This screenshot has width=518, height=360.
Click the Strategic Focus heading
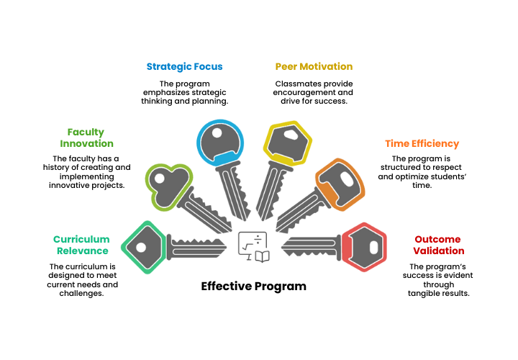tap(184, 66)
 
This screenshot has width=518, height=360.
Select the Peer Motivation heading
tap(314, 66)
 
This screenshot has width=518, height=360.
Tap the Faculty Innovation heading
tap(86, 138)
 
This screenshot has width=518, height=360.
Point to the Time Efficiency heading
tap(422, 143)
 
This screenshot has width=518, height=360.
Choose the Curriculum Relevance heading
tap(81, 245)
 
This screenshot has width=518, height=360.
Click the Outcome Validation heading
tap(439, 245)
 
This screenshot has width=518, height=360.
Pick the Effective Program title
tap(253, 286)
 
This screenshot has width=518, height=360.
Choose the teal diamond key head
tap(145, 247)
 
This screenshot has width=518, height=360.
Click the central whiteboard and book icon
tap(254, 246)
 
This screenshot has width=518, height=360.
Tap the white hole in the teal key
tap(141, 247)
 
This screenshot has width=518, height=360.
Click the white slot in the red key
tap(373, 247)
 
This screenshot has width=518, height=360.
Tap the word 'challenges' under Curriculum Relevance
tap(79, 293)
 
